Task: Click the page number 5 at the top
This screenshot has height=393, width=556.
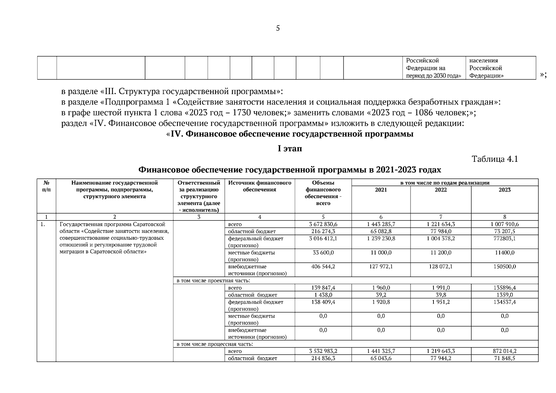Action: pyautogui.click(x=278, y=28)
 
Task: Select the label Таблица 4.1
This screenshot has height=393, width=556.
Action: pyautogui.click(x=495, y=159)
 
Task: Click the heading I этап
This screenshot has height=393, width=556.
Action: pyautogui.click(x=290, y=149)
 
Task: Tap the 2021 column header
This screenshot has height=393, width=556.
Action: pyautogui.click(x=381, y=190)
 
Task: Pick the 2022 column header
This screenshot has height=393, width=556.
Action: pyautogui.click(x=441, y=190)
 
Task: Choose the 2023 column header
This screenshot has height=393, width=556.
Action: pyautogui.click(x=505, y=190)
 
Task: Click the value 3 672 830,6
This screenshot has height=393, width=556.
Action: pyautogui.click(x=323, y=224)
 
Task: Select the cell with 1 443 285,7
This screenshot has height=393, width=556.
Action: pyautogui.click(x=381, y=224)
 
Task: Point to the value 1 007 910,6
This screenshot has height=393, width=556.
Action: pyautogui.click(x=505, y=224)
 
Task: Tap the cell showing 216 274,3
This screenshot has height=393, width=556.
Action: pyautogui.click(x=323, y=232)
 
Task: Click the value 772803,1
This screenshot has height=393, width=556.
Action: pyautogui.click(x=505, y=238)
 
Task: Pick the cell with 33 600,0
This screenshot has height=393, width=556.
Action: pyautogui.click(x=323, y=253)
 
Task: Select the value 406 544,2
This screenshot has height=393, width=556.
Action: pyautogui.click(x=323, y=267)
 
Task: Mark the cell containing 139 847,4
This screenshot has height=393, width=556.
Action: pyautogui.click(x=323, y=288)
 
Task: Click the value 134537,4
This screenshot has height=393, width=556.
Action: pyautogui.click(x=505, y=302)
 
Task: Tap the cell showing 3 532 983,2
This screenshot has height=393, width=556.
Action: pyautogui.click(x=323, y=351)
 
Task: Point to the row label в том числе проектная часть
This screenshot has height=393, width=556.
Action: pyautogui.click(x=213, y=281)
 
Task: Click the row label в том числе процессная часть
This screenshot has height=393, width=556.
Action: pyautogui.click(x=215, y=344)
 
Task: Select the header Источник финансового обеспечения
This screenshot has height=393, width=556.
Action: pyautogui.click(x=260, y=186)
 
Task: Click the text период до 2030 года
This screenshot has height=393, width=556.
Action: pyautogui.click(x=433, y=76)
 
